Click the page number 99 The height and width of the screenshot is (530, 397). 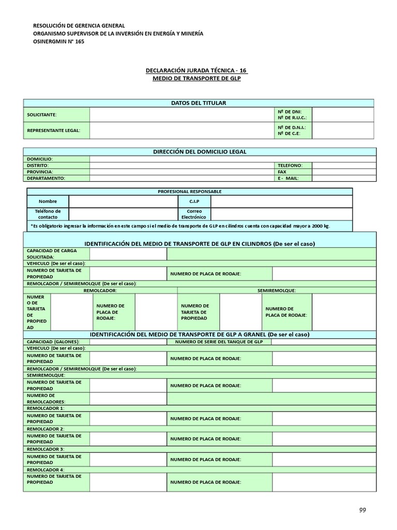[x=362, y=510]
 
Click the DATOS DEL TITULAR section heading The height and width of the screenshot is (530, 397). [x=198, y=103]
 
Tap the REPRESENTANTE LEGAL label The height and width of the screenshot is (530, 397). [x=54, y=130]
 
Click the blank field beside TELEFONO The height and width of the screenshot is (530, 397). [x=343, y=165]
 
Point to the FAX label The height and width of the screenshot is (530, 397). [x=282, y=171]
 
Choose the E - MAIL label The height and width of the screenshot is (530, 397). [x=288, y=178]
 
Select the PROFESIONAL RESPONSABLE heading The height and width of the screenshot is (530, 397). [x=190, y=192]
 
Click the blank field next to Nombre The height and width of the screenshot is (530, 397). [x=123, y=201]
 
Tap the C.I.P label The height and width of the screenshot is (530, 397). [x=194, y=201]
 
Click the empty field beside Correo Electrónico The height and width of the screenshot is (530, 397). [x=281, y=214]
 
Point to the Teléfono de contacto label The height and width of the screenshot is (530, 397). [x=48, y=214]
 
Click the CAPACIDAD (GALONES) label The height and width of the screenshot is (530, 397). [x=53, y=342]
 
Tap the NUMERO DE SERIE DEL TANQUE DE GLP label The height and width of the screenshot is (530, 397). [x=219, y=342]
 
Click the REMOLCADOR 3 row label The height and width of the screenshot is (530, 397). [x=45, y=449]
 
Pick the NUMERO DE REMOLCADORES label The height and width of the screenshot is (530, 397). [x=47, y=399]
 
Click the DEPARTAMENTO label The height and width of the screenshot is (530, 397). [x=46, y=178]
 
